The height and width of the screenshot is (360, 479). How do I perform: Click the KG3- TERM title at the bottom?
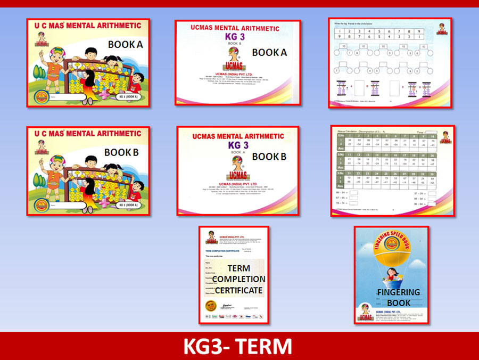pyautogui.click(x=238, y=346)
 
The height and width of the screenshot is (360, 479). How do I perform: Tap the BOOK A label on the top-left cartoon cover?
pyautogui.click(x=126, y=45)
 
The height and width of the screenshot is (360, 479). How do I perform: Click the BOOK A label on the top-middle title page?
pyautogui.click(x=269, y=52)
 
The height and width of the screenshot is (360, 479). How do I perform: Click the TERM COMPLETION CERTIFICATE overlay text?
pyautogui.click(x=239, y=279)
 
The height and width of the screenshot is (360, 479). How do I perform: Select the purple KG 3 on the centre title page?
pyautogui.click(x=239, y=145)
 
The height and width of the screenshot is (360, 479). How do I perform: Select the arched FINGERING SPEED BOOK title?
pyautogui.click(x=391, y=238)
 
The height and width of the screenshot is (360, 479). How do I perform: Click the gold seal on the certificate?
pyautogui.click(x=208, y=306)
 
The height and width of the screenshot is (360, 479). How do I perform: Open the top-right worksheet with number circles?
pyautogui.click(x=390, y=62)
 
